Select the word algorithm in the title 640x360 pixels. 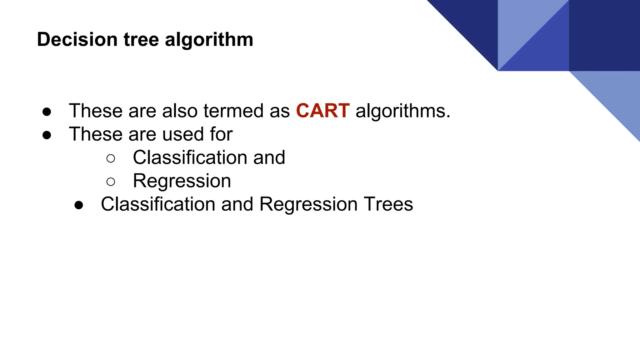tap(209, 40)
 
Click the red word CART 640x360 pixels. tap(322, 111)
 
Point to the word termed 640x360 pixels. tap(233, 111)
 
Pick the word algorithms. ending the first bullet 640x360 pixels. tap(403, 111)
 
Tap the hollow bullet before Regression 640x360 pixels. tap(111, 182)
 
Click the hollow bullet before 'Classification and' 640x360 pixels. tap(111, 158)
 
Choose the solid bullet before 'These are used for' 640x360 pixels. tap(47, 135)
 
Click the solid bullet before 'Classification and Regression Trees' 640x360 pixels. tap(79, 205)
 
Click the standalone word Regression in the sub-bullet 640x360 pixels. tap(182, 181)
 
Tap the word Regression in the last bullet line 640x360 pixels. tap(308, 204)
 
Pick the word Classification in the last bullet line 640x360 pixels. tap(158, 204)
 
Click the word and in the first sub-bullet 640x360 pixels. tap(269, 157)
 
